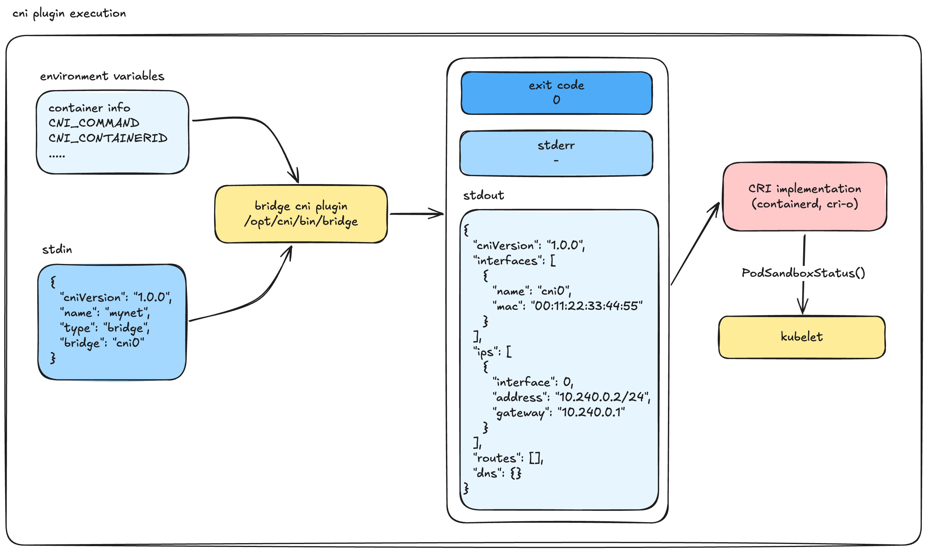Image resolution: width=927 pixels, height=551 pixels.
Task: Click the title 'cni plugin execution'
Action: coord(69,14)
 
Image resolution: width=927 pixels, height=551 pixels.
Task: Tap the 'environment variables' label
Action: coord(102,76)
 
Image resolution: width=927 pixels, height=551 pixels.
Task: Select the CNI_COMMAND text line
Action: coord(94,123)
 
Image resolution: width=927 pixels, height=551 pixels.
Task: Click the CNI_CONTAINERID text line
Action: coord(108,138)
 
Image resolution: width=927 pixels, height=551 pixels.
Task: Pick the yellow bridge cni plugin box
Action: coord(301,214)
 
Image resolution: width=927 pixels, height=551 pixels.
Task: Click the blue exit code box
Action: coord(556,93)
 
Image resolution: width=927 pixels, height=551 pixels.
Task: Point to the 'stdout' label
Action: coord(483,195)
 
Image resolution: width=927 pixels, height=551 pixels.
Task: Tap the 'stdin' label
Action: coord(57,249)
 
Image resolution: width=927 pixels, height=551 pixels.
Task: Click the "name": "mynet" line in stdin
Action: coord(105,313)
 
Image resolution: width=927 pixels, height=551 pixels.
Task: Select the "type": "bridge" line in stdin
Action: coord(105,328)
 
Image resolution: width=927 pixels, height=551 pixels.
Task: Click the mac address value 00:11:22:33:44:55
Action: coord(587,306)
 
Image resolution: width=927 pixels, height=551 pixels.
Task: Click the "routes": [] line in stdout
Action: coord(507,458)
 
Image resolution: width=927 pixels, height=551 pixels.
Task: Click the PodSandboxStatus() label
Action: coord(803,273)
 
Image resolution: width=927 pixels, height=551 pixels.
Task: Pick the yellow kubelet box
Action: coord(802,337)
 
